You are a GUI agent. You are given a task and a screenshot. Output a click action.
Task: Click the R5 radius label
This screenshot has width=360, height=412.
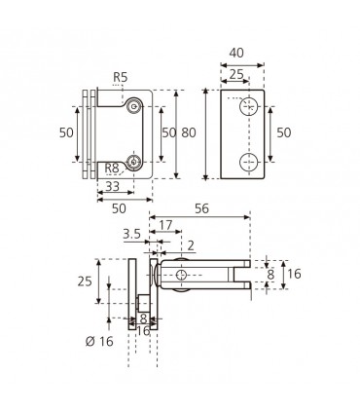(x=121, y=77)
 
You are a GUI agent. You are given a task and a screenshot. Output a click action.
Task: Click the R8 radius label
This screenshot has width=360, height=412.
(x=112, y=169)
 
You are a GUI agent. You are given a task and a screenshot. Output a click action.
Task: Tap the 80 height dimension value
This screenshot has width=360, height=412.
(x=189, y=132)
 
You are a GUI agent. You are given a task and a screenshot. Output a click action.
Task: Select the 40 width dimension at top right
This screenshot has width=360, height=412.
(x=236, y=53)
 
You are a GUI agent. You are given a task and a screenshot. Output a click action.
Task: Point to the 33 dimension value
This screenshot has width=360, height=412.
(x=113, y=186)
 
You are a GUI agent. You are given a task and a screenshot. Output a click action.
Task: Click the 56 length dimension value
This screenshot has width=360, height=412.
(x=201, y=208)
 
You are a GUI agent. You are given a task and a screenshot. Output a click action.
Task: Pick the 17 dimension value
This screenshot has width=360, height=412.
(x=165, y=225)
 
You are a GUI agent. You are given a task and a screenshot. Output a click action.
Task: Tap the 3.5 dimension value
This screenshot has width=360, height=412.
(x=131, y=234)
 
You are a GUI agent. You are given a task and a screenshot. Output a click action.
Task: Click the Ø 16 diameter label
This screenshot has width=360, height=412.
(x=99, y=341)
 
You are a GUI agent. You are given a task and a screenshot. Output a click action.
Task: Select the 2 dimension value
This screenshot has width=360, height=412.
(x=191, y=245)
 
